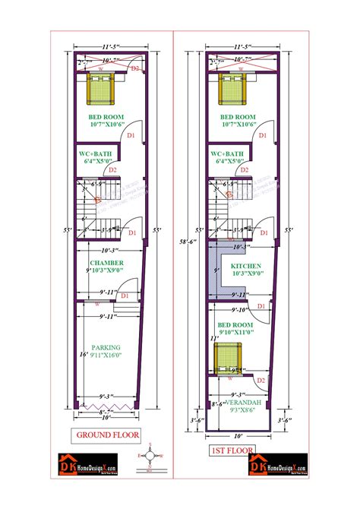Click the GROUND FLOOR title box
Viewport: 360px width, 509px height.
point(104,435)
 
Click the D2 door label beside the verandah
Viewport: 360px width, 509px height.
point(261,380)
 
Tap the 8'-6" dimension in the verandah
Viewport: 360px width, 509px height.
point(217,404)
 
